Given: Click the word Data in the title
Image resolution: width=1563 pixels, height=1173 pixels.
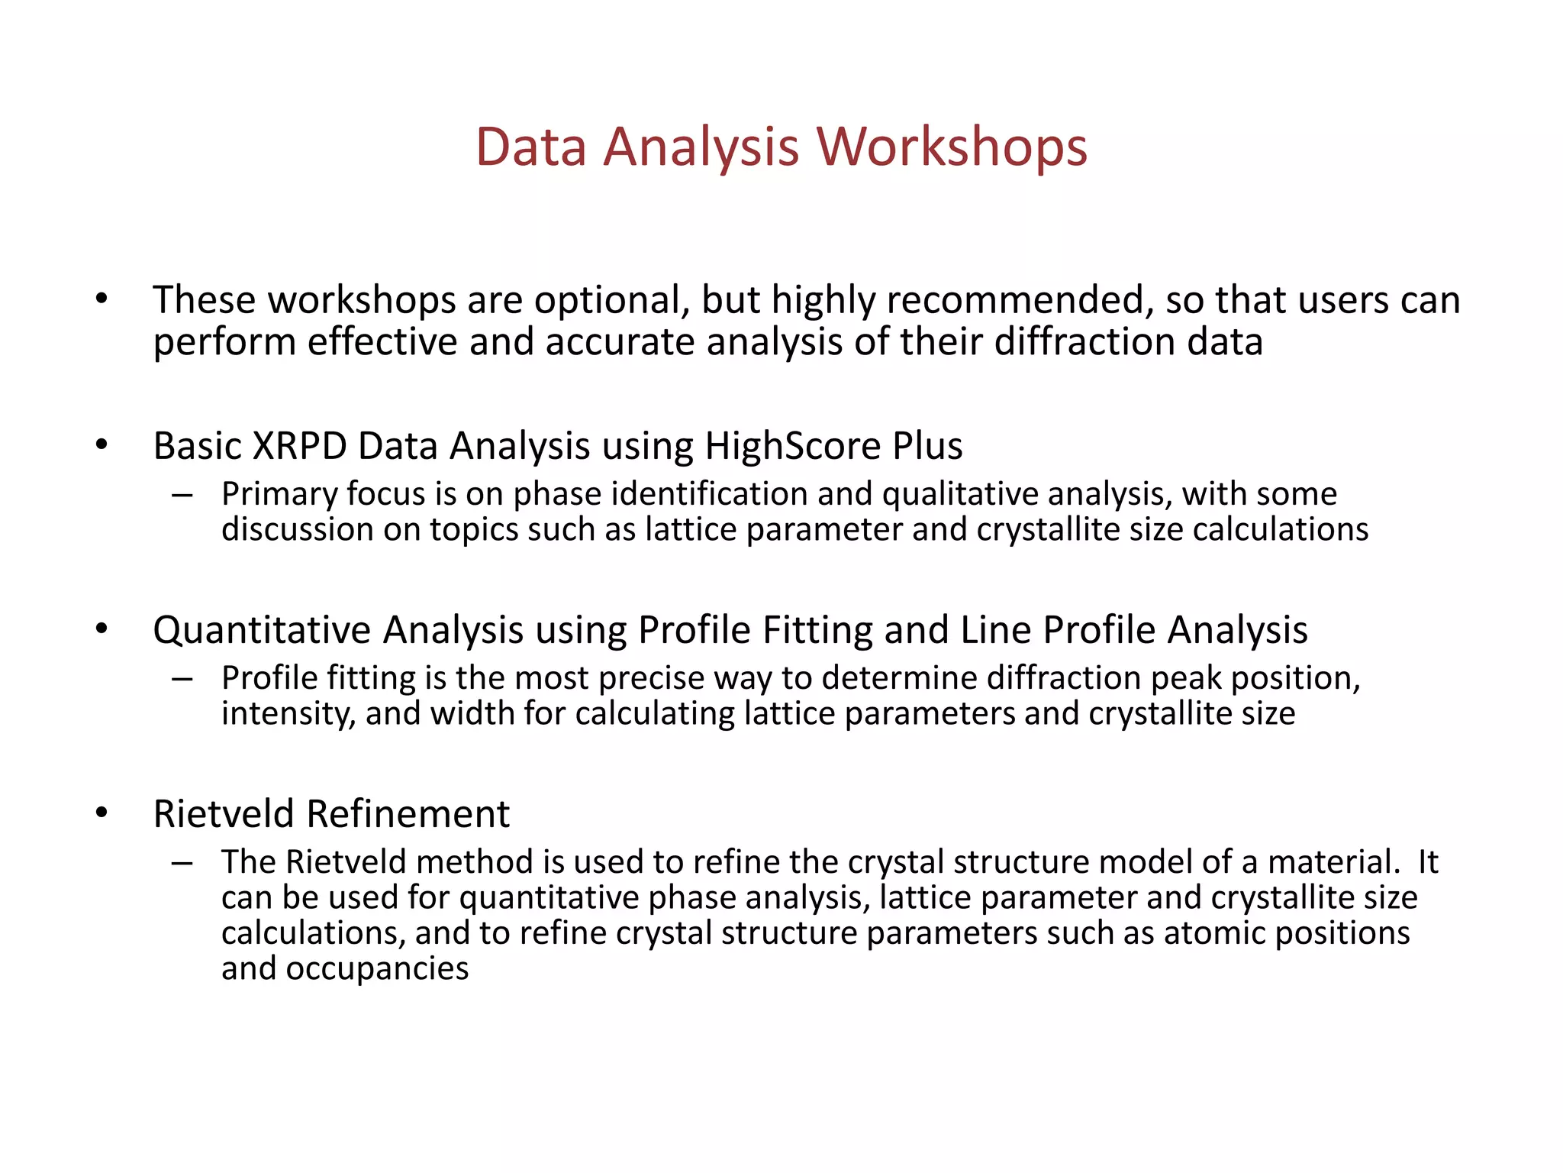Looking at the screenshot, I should (x=531, y=147).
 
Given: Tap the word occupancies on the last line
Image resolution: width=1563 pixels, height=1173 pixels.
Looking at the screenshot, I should (x=377, y=969).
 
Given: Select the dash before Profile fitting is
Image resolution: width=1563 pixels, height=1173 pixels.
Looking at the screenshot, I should (x=182, y=679).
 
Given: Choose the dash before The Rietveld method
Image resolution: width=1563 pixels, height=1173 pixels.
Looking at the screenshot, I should (x=182, y=863).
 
